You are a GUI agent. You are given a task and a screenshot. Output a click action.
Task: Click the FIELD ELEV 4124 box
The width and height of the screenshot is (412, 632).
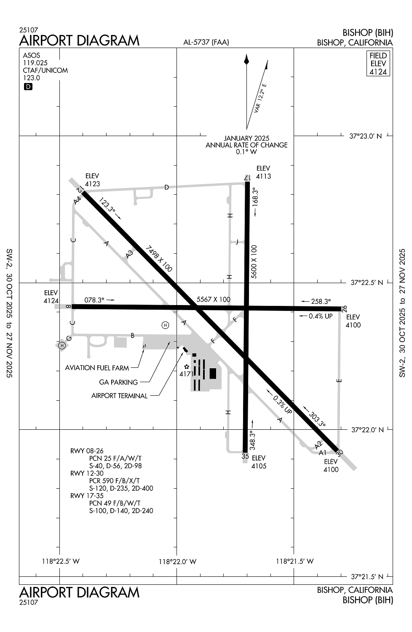click(x=378, y=64)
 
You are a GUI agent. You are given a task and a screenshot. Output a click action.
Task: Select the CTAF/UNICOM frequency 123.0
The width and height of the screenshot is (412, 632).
click(x=32, y=78)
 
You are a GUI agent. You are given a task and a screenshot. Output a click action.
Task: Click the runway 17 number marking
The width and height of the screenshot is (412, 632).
click(x=247, y=178)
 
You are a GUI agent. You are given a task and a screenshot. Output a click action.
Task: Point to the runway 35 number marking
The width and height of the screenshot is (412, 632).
click(x=245, y=456)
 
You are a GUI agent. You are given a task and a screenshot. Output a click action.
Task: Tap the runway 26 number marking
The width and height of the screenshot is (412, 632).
click(x=344, y=308)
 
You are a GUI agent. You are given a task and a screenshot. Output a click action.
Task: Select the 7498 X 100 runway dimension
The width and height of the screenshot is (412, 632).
click(x=159, y=258)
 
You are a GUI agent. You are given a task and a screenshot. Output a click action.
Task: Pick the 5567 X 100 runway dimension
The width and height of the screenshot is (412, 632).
click(x=214, y=299)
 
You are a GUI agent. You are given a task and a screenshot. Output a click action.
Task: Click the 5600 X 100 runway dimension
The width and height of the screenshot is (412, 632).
click(x=254, y=261)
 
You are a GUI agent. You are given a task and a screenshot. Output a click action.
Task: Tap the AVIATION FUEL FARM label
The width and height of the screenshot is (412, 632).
click(x=97, y=368)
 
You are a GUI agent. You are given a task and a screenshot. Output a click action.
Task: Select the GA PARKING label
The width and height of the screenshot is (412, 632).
click(x=118, y=382)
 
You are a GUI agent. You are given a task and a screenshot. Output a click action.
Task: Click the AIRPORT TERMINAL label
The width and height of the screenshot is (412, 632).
click(x=119, y=396)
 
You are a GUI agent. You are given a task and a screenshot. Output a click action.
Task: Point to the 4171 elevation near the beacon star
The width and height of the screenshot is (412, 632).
click(x=186, y=374)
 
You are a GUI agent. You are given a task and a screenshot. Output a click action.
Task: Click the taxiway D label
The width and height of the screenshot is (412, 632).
click(x=166, y=187)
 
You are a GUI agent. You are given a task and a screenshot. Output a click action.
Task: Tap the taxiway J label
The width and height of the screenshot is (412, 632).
click(x=237, y=242)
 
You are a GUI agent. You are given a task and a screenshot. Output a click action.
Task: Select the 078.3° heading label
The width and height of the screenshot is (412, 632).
click(x=94, y=300)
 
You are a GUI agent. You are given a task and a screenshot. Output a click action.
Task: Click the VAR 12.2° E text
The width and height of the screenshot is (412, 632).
click(x=260, y=98)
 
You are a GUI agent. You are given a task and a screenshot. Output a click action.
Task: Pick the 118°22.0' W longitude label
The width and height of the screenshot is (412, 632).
click(x=177, y=561)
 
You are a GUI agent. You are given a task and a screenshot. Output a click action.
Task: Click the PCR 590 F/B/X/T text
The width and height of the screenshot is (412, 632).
click(x=114, y=481)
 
